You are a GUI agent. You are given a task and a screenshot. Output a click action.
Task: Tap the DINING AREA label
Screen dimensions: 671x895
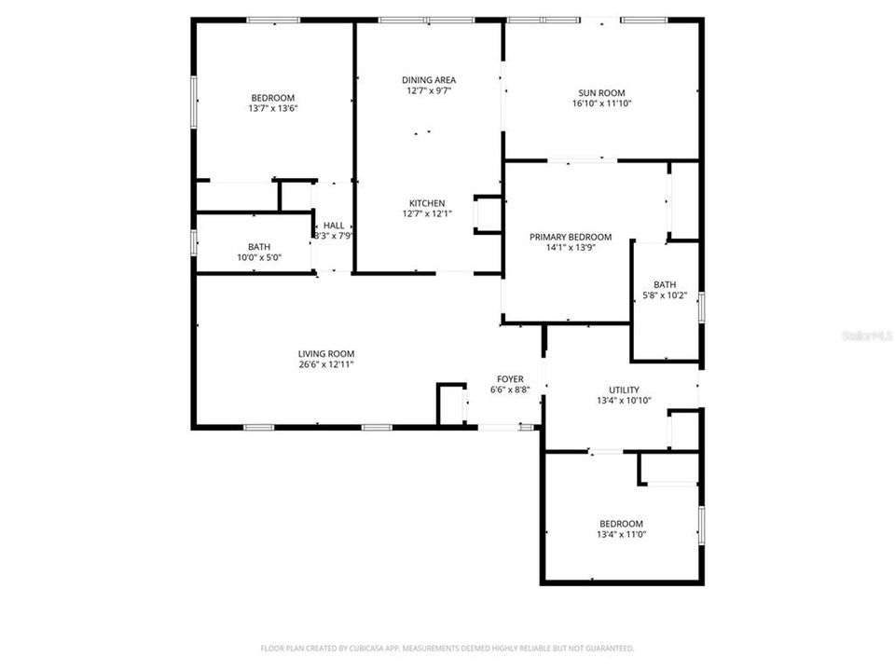point(429,79)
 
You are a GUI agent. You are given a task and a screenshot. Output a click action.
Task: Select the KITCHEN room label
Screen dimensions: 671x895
point(427,203)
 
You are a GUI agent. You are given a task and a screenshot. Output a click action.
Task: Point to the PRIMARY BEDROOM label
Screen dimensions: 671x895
point(571,237)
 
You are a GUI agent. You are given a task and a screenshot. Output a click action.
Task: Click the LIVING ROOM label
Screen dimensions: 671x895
point(326,353)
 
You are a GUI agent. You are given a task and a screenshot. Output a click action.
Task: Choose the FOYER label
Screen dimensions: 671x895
point(510,378)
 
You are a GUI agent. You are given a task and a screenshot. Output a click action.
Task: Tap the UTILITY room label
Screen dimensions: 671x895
point(624,390)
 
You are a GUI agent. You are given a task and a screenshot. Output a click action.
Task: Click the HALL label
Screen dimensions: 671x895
point(334,226)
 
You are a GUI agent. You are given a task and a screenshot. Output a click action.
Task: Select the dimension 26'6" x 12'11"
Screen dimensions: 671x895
point(326,364)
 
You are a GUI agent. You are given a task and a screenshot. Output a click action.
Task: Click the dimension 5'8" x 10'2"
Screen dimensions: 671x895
point(665,295)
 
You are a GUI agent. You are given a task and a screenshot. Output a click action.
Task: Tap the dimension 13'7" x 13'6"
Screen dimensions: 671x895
point(272,108)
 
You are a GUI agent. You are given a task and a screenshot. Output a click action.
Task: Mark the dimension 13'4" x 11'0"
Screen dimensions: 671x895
point(621,535)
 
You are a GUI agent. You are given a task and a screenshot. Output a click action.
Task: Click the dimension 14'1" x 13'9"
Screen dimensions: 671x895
point(571,248)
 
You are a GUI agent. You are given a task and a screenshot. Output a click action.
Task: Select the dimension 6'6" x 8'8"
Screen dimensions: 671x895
point(510,390)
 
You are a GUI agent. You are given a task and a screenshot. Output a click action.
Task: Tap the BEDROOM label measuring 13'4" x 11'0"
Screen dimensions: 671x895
point(621,524)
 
